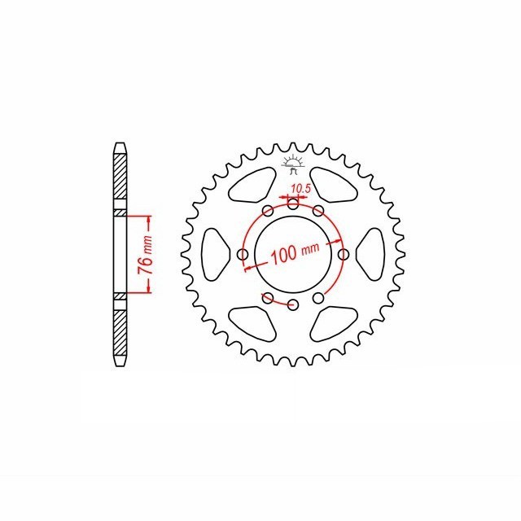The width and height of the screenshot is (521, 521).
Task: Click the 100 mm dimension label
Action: tap(295, 253)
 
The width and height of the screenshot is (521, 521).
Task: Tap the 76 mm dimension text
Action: tap(146, 255)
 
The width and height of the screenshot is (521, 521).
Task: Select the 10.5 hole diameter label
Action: tap(300, 189)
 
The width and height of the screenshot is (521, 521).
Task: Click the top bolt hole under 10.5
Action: tap(293, 204)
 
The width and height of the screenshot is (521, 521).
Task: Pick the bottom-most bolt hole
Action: tap(293, 304)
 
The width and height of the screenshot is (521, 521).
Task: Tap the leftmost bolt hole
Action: tap(243, 255)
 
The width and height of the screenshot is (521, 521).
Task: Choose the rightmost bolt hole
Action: tap(344, 255)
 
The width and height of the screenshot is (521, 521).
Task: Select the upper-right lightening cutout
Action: tap(333, 185)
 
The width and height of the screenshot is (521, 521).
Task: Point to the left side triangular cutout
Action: tap(215, 255)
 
